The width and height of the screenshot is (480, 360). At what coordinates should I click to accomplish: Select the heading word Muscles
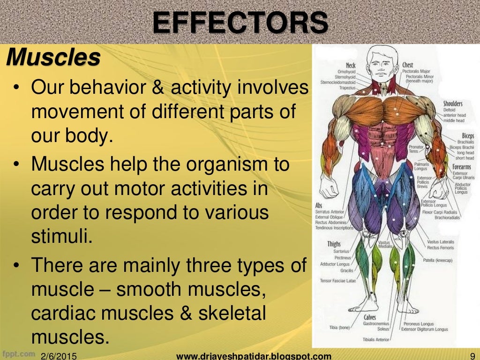(x=53, y=58)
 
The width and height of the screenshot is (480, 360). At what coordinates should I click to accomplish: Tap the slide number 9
(x=472, y=356)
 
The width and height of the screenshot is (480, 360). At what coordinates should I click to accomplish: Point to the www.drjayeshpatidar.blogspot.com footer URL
(x=254, y=356)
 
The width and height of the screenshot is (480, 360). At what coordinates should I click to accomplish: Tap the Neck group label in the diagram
(x=351, y=65)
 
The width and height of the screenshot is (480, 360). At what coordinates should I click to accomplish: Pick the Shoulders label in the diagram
(x=453, y=104)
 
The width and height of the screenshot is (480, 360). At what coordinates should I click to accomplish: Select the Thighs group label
(x=334, y=244)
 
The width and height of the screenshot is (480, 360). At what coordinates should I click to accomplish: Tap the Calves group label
(x=369, y=317)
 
